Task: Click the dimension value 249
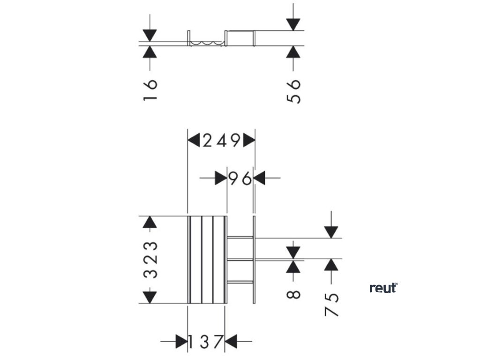click(x=221, y=140)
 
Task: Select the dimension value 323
click(x=150, y=260)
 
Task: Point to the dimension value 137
click(x=205, y=342)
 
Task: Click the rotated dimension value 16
click(x=150, y=90)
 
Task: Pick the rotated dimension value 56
click(x=293, y=90)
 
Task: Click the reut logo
click(x=383, y=288)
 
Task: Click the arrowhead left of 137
click(x=181, y=342)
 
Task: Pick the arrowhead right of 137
click(x=231, y=342)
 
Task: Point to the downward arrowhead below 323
click(x=150, y=297)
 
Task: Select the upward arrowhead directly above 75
click(x=331, y=265)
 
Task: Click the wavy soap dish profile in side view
click(x=206, y=43)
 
